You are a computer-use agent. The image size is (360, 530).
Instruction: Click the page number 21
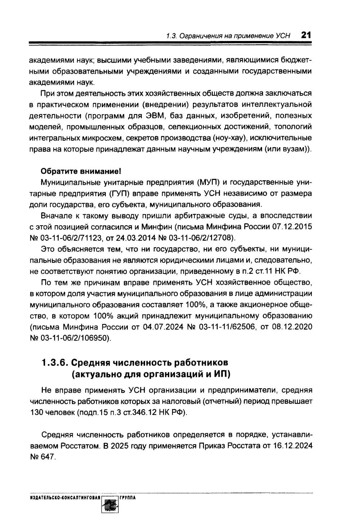pos(306,35)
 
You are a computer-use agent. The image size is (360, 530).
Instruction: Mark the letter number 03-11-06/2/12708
pos(204,237)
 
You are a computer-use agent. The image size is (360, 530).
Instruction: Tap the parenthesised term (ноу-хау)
pos(229,138)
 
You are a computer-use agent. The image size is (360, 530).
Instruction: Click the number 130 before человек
pos(36,412)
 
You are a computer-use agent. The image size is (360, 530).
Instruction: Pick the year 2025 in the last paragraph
pos(120,445)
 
